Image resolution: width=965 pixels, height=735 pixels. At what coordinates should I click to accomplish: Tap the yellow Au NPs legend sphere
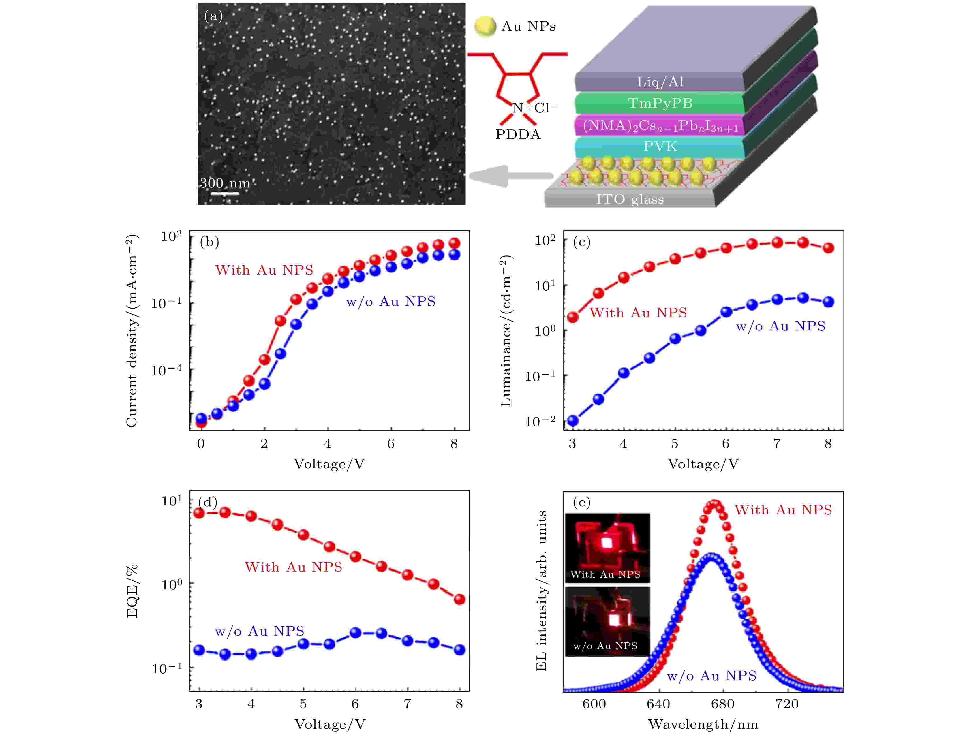tap(485, 27)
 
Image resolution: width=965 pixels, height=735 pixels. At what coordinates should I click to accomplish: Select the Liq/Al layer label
tap(660, 82)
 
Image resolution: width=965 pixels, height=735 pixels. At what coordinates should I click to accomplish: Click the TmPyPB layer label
tap(660, 103)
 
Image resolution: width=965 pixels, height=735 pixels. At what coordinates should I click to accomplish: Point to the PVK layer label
tap(660, 146)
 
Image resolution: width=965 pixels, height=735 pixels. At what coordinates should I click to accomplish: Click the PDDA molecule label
tap(518, 135)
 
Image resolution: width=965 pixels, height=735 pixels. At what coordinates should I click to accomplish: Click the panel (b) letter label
tap(209, 242)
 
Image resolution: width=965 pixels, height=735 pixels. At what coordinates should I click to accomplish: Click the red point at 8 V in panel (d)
tap(459, 599)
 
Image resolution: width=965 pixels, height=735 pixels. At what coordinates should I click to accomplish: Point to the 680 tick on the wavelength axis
tap(722, 704)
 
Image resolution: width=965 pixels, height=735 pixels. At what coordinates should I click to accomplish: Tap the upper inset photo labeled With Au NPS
tap(607, 548)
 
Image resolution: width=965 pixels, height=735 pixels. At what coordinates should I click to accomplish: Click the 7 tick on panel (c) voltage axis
tap(777, 444)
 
